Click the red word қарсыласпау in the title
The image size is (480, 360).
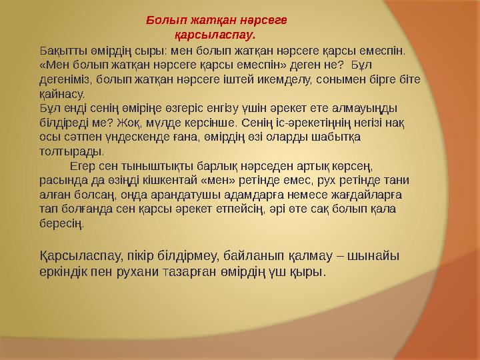tap(215, 32)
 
